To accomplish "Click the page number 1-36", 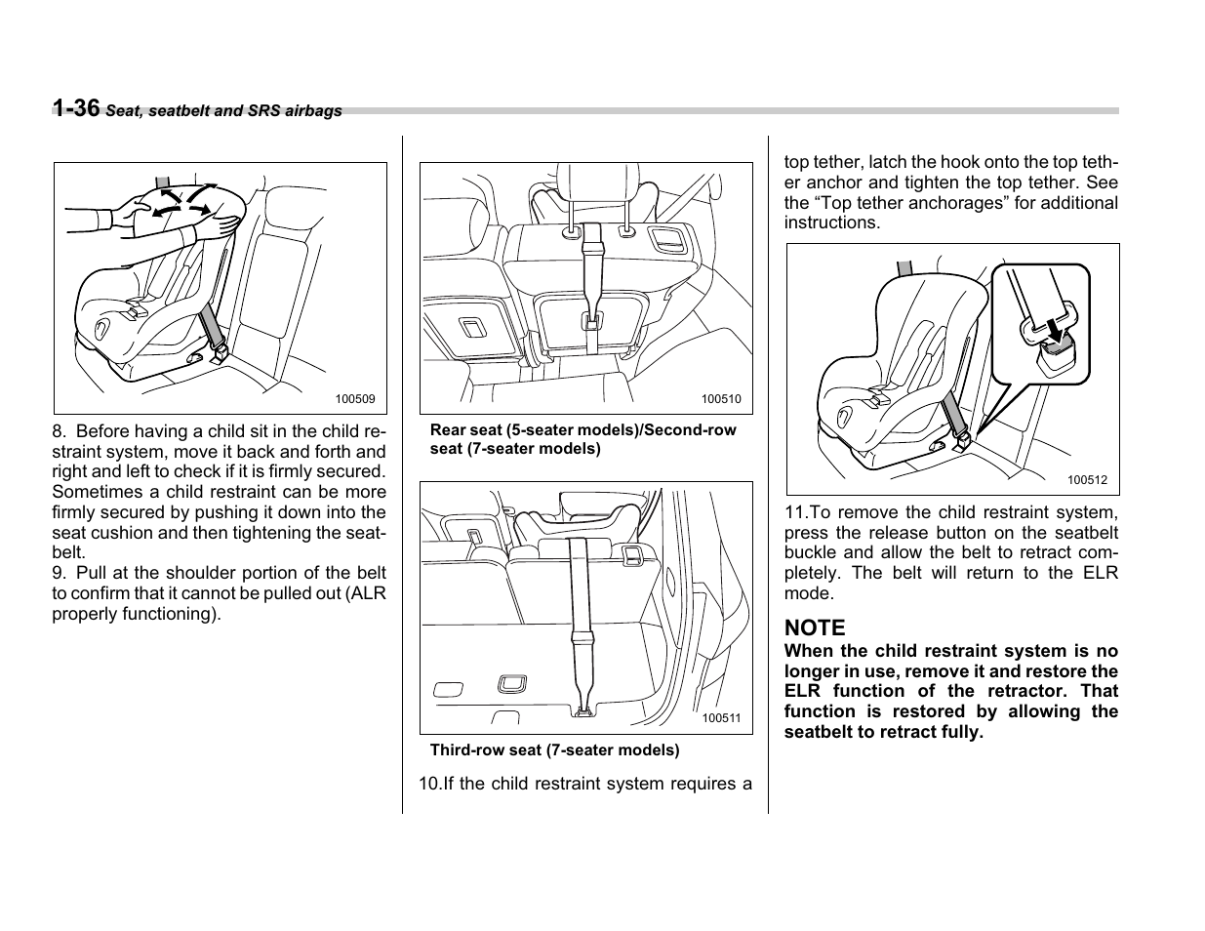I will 76,108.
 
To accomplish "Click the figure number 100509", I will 355,399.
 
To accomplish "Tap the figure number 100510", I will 721,399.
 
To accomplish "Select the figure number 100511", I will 721,718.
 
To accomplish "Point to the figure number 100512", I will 1086,479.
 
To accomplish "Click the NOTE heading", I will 815,627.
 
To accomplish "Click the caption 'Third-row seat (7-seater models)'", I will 554,750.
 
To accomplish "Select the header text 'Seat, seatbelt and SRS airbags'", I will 223,111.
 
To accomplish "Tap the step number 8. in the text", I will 60,431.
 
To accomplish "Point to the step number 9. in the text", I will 59,573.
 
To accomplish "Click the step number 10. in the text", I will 429,784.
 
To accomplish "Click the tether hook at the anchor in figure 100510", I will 590,319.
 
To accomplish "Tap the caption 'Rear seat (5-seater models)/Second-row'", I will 582,429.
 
